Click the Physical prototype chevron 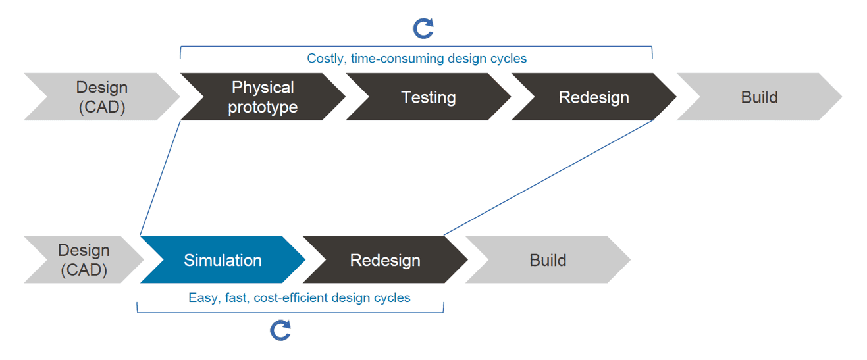point(262,97)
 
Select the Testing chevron point(428,97)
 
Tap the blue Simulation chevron point(223,260)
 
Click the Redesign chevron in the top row point(594,97)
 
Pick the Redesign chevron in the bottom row point(385,260)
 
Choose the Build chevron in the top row point(759,97)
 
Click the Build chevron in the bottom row point(548,260)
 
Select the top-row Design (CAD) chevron point(101,97)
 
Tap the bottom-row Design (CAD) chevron point(84,260)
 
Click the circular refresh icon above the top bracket point(423,28)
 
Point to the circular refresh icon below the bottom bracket point(281,330)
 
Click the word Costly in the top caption point(325,59)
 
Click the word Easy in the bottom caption point(202,298)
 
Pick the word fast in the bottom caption point(236,298)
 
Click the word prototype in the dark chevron point(263,107)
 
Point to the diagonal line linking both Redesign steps point(548,178)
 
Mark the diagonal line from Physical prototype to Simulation point(161,178)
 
